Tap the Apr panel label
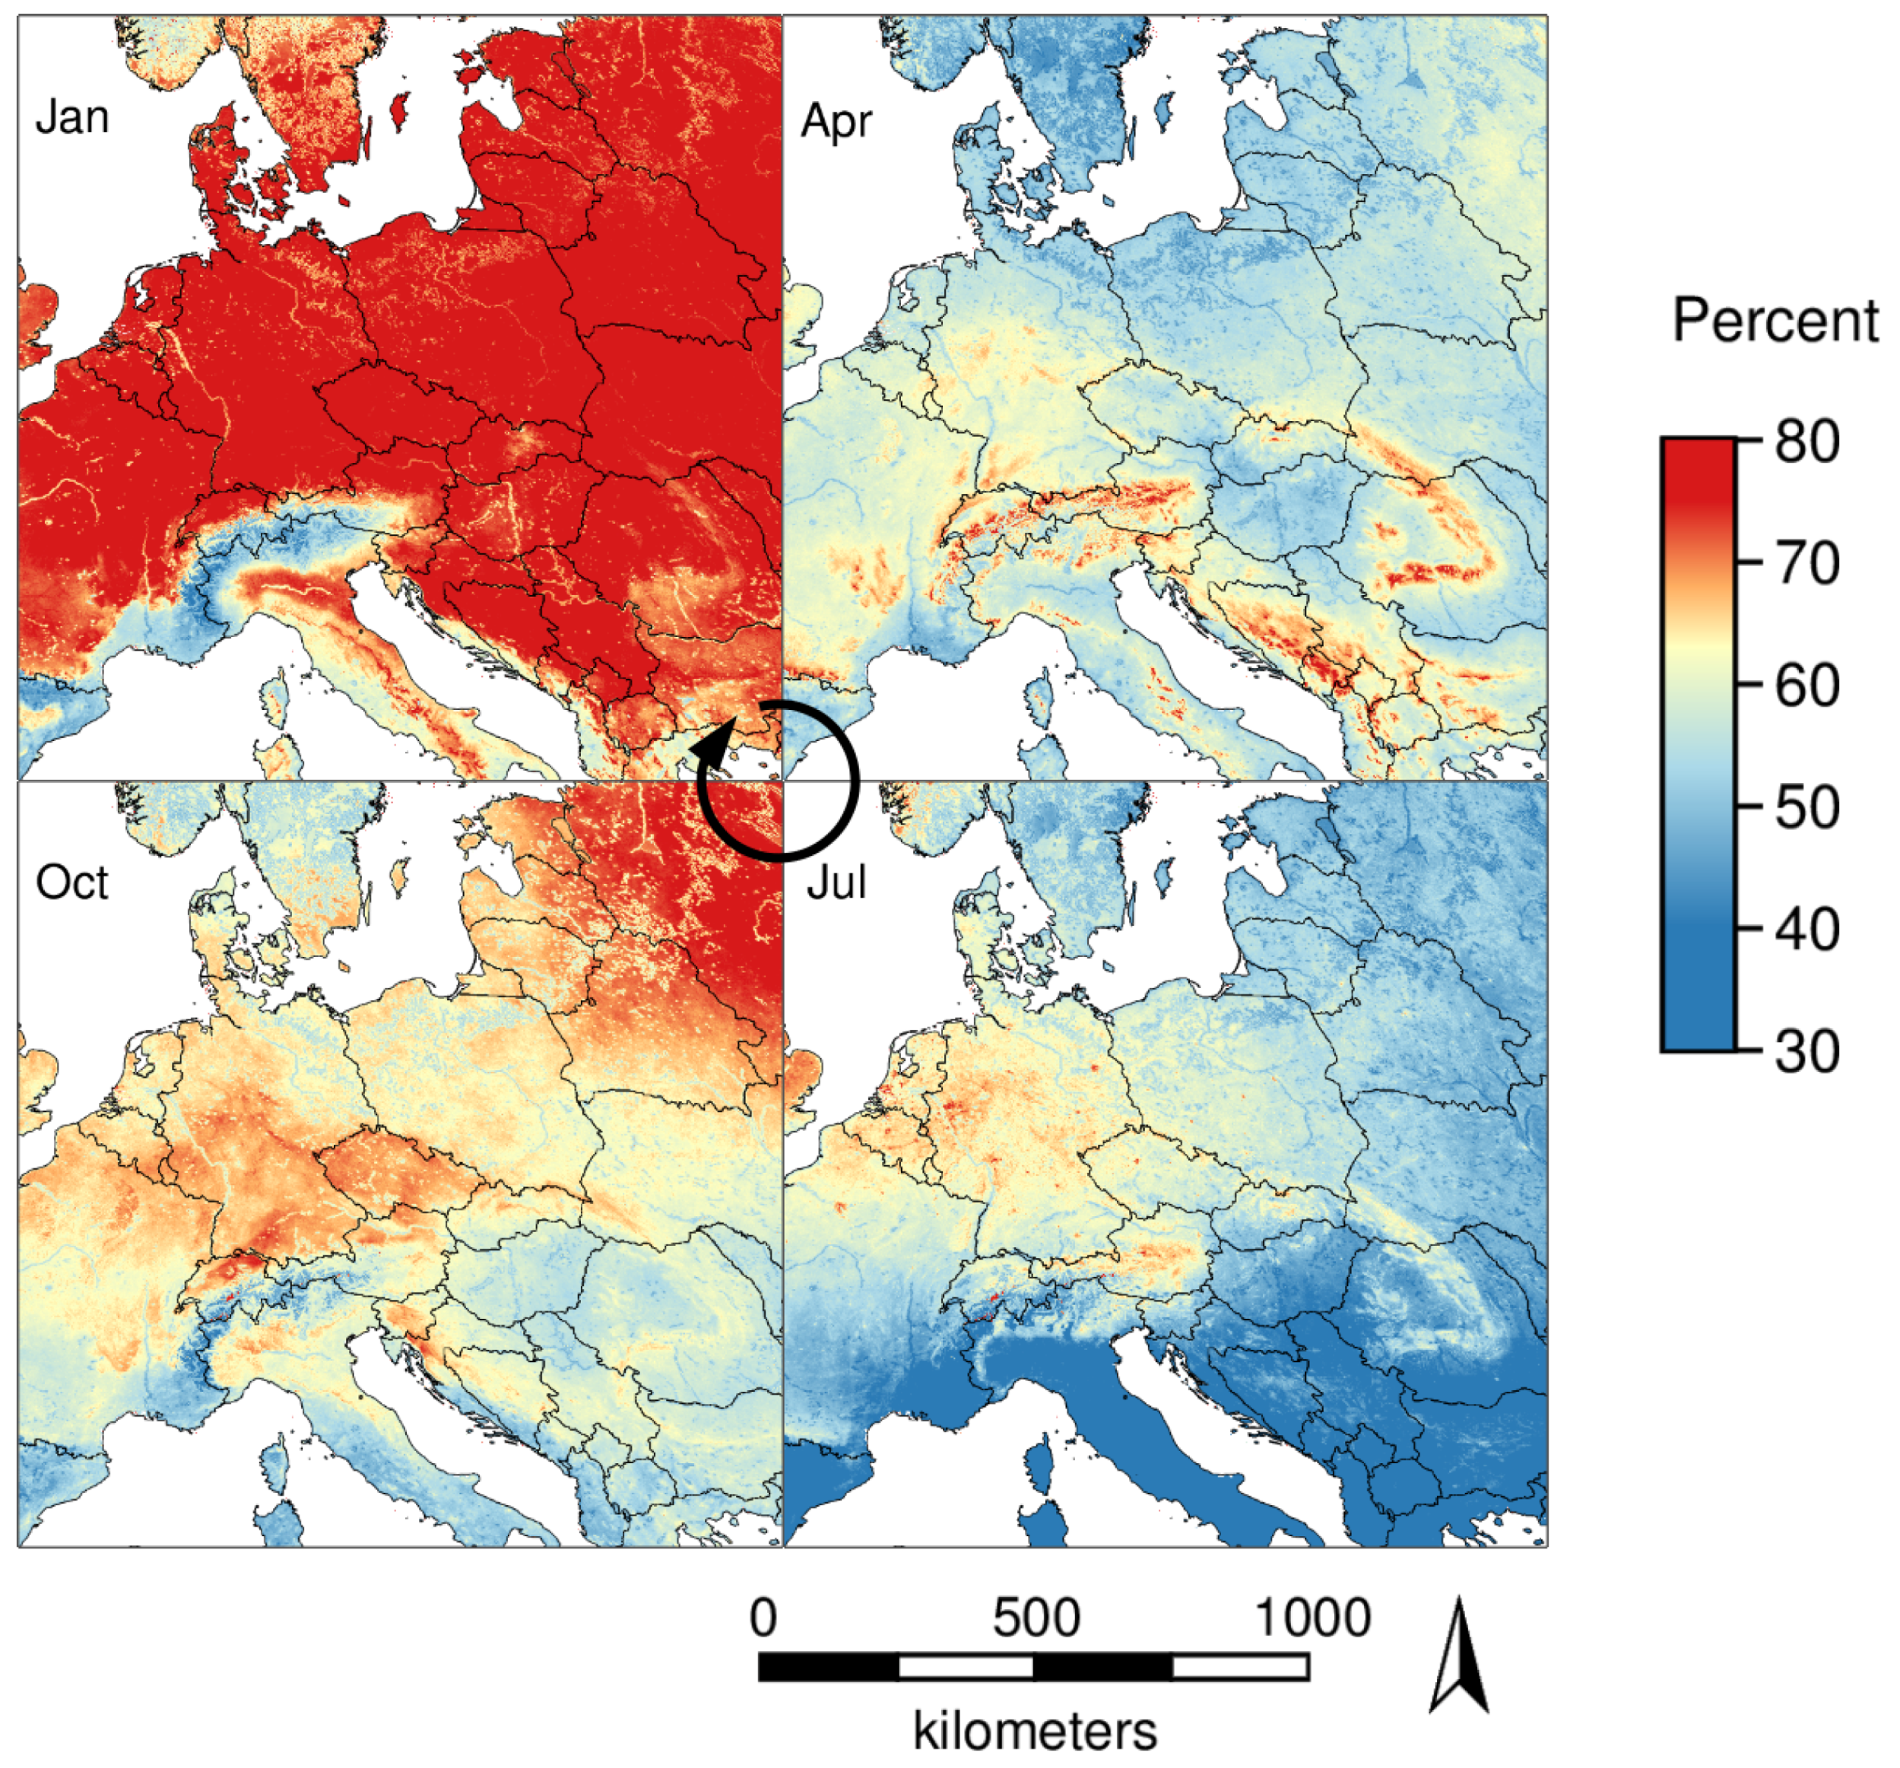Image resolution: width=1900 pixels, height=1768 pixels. [836, 122]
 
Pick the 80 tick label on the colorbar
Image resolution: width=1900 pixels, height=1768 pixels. [1806, 442]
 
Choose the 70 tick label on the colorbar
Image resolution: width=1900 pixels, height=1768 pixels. [1806, 564]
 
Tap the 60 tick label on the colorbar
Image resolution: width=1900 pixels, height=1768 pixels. [1806, 686]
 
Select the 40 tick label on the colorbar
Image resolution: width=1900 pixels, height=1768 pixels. [1806, 929]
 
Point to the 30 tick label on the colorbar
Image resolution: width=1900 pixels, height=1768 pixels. [1806, 1051]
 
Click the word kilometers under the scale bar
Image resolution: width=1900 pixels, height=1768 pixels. [1035, 1731]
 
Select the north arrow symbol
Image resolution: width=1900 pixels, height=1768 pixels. [1460, 1658]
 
